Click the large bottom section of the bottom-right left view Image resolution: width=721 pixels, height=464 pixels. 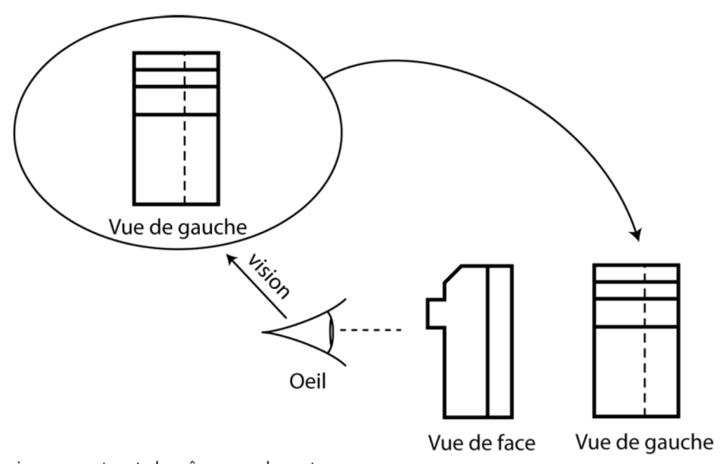(x=622, y=370)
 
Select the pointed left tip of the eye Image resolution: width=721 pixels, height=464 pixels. (x=264, y=331)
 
